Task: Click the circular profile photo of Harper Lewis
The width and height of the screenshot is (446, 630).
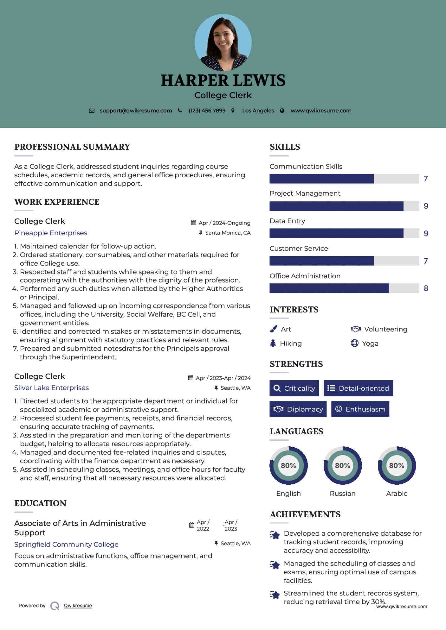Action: [223, 42]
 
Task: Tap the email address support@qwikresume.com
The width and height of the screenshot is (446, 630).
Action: [136, 111]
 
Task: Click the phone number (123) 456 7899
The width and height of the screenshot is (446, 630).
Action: [207, 111]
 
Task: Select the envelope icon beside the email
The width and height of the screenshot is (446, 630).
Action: [92, 111]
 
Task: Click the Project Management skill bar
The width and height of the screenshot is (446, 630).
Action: [344, 206]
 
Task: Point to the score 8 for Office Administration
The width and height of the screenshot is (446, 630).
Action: [426, 288]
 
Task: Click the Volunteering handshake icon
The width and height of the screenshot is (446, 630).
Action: [356, 329]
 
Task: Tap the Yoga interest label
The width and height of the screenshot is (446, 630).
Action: [370, 343]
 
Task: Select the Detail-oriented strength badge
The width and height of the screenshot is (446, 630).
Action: [358, 388]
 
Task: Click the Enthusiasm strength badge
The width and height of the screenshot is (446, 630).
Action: [360, 409]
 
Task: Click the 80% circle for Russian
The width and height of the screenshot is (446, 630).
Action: [342, 466]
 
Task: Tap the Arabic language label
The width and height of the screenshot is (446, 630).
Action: [397, 494]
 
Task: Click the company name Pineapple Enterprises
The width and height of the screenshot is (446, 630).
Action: [51, 233]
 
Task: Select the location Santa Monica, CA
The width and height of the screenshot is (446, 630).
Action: [228, 233]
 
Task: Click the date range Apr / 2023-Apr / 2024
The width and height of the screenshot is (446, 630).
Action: [223, 378]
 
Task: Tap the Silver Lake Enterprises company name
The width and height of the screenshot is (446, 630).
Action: [51, 388]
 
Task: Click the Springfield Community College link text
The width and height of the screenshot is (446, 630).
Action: [66, 545]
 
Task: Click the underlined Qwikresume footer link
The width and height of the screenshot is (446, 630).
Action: [78, 606]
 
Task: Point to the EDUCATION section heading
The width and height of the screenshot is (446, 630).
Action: [40, 503]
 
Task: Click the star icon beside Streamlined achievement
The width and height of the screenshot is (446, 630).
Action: [275, 595]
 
